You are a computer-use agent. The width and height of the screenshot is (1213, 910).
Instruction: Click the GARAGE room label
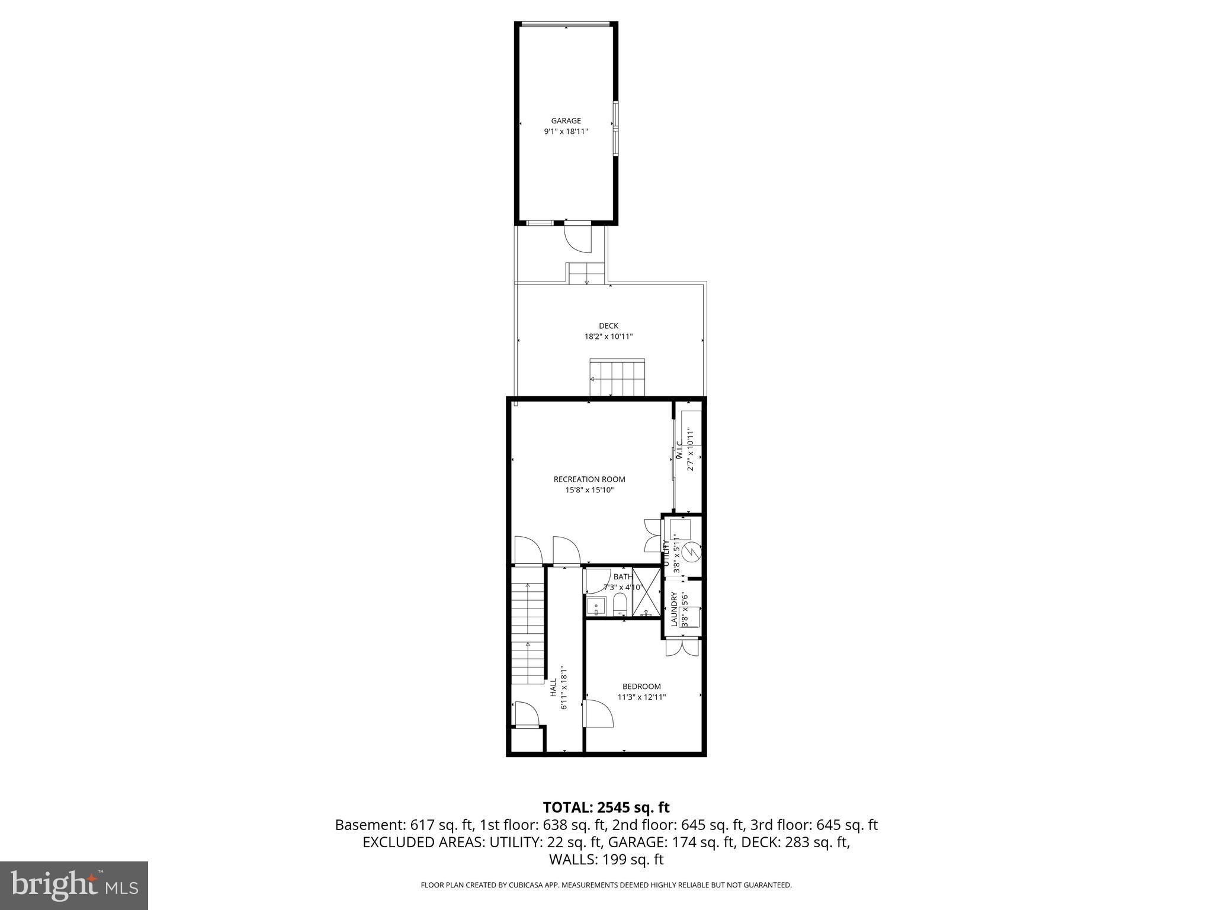point(566,121)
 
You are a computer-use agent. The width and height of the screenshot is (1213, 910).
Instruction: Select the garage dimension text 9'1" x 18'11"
point(566,132)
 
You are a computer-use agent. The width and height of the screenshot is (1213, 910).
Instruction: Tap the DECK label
point(608,326)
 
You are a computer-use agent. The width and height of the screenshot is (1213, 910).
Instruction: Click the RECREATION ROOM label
point(589,479)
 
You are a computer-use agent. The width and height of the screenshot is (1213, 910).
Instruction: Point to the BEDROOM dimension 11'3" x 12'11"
point(641,697)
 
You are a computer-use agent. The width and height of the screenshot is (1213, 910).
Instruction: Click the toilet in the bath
point(620,605)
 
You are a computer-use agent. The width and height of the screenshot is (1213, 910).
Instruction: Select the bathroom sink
point(596,606)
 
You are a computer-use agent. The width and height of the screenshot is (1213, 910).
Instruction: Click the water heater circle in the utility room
point(691,552)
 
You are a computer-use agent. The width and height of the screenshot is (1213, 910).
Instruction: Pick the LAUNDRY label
point(674,609)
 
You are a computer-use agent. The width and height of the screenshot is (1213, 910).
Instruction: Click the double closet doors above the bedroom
point(683,647)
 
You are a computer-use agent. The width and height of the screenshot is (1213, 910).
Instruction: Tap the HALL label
point(553,688)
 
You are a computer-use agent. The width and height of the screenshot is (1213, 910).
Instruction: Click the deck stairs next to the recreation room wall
point(617,378)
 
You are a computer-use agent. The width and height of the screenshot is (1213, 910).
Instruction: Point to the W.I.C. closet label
point(679,453)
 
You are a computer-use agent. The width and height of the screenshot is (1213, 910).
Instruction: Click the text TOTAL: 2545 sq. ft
point(606,807)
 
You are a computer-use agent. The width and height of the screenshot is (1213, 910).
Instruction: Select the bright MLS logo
point(74,886)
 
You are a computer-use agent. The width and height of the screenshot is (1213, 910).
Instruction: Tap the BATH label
point(622,576)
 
